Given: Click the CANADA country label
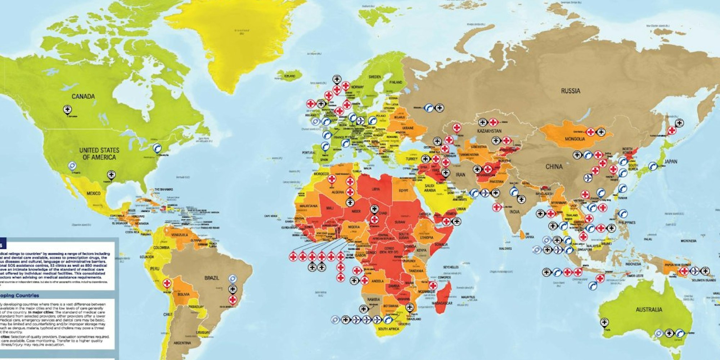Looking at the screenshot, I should point(83,96).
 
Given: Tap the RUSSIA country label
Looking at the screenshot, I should point(571,91).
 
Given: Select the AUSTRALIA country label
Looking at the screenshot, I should point(649,310).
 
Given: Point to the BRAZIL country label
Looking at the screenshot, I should point(211,278).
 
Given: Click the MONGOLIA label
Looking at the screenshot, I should point(575,139).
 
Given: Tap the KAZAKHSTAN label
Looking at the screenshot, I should point(489,131).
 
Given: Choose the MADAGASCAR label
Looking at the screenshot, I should point(442,303).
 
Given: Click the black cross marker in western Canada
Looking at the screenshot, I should point(67,109).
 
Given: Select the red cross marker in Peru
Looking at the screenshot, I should point(167,283).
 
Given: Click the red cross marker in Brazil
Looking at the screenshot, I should point(233,300).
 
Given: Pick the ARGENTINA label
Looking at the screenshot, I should point(182,343).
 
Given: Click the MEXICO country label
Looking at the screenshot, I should point(93,194).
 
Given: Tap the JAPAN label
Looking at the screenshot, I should point(670,162).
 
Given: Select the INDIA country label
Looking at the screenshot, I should point(514,212).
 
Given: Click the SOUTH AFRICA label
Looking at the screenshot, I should point(388,329).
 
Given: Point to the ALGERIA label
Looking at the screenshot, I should point(338,193).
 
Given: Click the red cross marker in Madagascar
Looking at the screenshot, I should point(433,285).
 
